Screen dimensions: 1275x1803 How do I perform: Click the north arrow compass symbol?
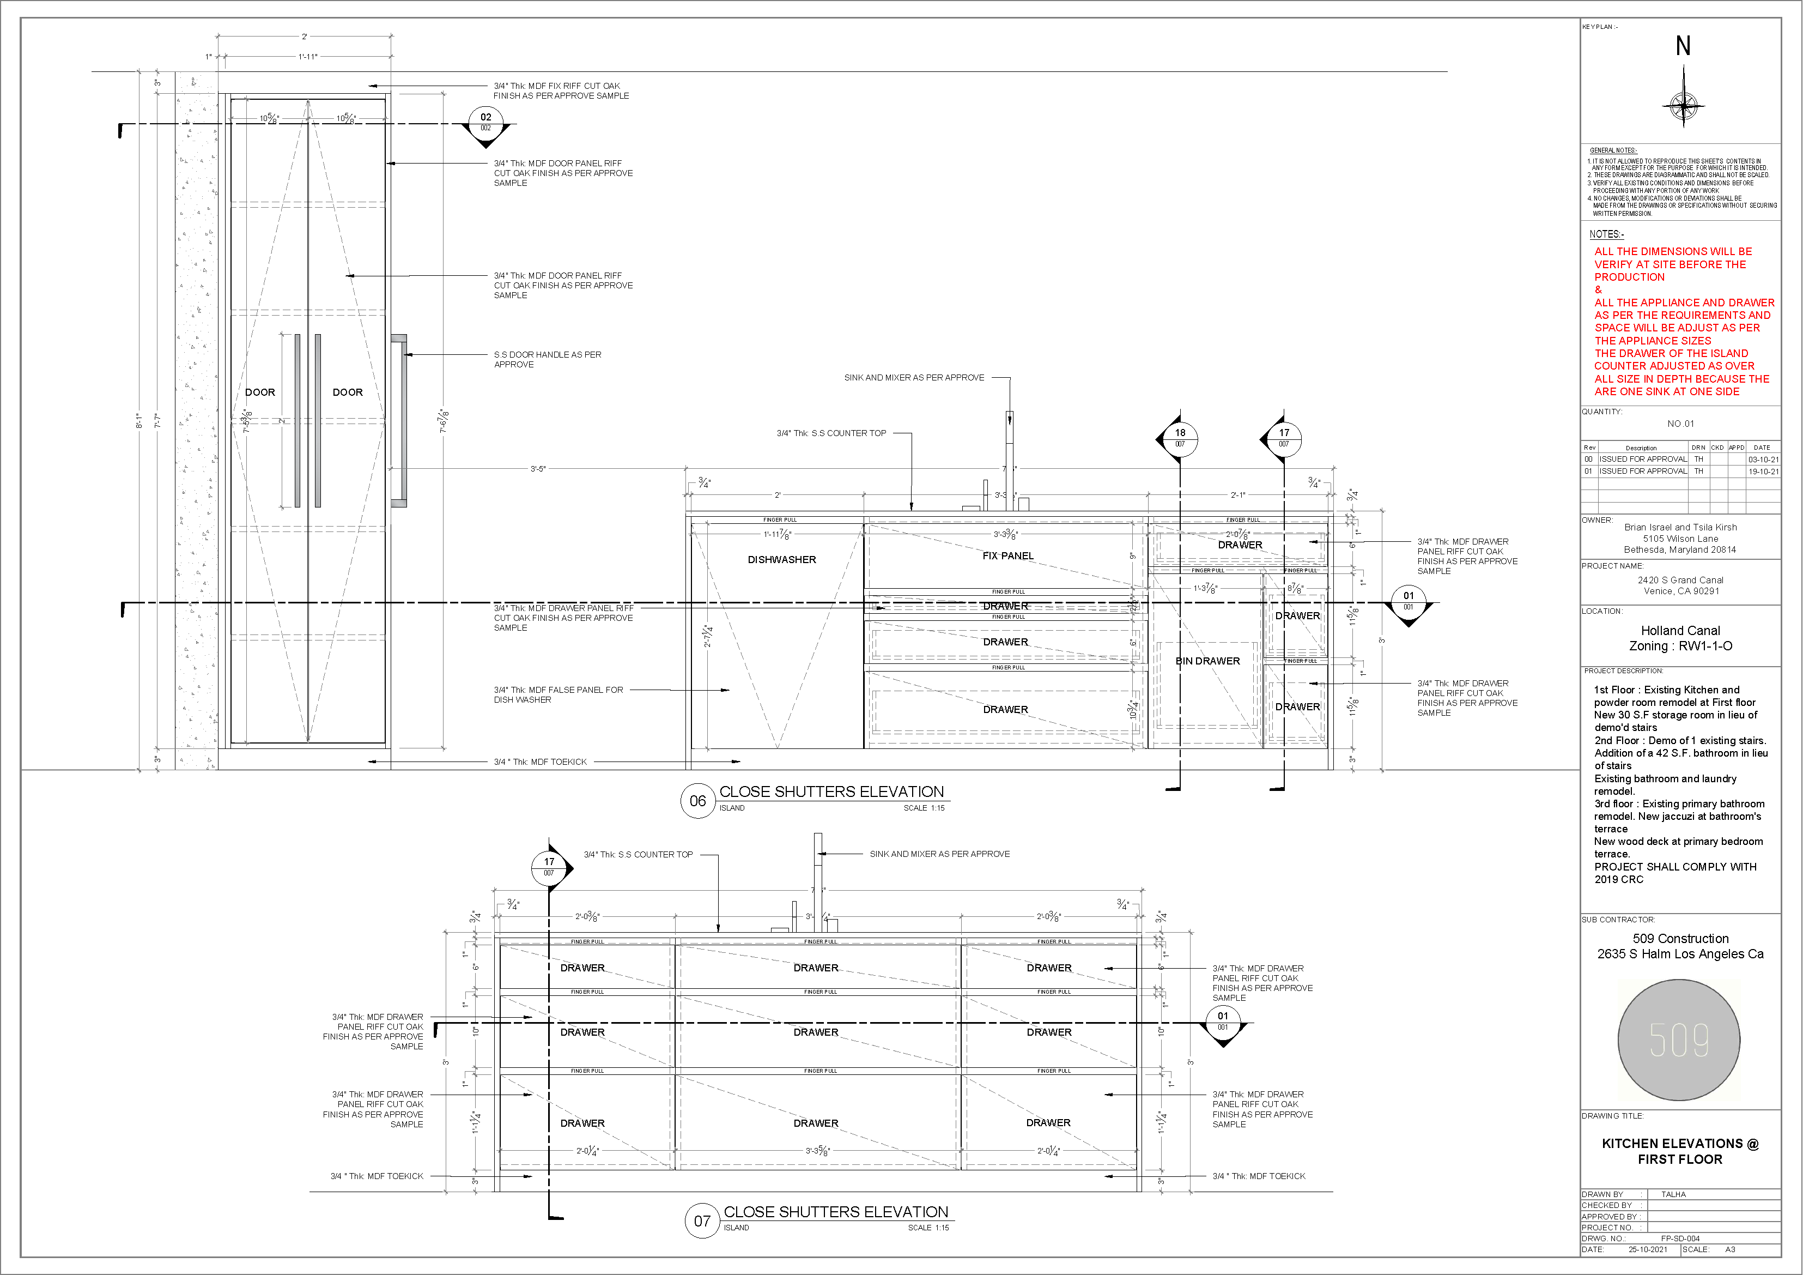(x=1683, y=105)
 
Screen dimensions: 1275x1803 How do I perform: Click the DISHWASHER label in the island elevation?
(x=781, y=559)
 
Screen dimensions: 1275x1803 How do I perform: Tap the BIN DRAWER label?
(x=1207, y=661)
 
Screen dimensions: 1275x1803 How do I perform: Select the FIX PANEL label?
(x=1007, y=555)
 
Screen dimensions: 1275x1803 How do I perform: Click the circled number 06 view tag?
(x=697, y=801)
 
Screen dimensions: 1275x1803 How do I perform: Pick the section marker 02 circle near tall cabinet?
(x=485, y=121)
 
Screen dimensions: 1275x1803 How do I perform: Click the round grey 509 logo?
(x=1679, y=1040)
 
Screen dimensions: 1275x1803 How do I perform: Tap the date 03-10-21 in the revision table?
(x=1763, y=460)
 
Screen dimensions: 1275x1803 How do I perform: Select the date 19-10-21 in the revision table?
(x=1763, y=472)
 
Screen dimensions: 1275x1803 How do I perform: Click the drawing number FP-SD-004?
(x=1680, y=1238)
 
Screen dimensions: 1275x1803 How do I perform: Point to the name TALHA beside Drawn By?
(x=1673, y=1194)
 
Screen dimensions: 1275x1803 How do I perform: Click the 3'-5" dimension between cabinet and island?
(x=538, y=469)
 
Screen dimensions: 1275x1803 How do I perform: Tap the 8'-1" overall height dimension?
(x=139, y=421)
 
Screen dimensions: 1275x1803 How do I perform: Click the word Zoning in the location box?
(x=1648, y=646)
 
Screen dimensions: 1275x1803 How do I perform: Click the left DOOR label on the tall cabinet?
(x=260, y=392)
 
